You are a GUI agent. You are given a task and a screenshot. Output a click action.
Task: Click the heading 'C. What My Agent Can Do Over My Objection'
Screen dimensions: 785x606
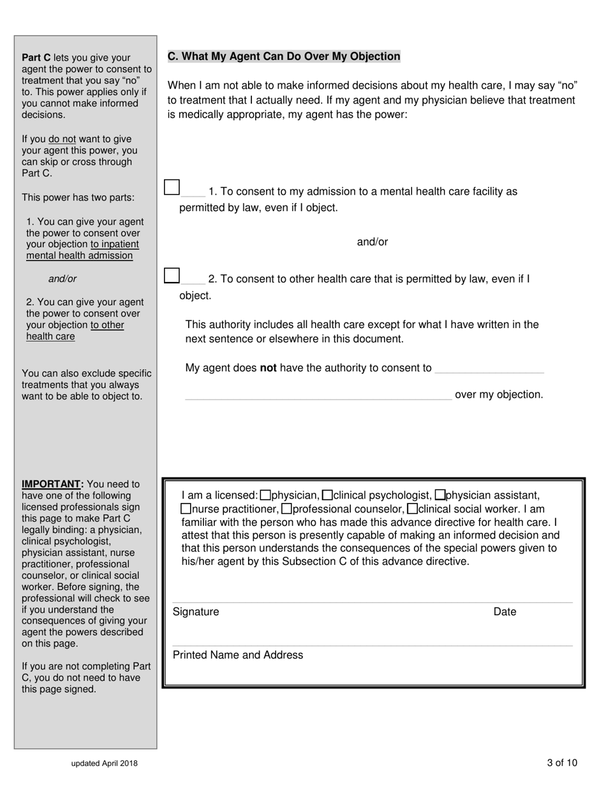(x=284, y=56)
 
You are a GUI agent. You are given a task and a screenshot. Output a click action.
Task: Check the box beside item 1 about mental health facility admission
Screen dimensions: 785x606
(x=172, y=187)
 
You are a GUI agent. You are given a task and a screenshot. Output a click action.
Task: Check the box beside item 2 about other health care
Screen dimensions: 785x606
(x=172, y=275)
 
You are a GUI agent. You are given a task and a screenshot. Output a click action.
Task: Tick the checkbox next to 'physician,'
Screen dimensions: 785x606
(x=266, y=495)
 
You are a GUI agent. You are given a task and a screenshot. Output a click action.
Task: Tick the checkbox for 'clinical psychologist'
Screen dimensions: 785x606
(x=327, y=495)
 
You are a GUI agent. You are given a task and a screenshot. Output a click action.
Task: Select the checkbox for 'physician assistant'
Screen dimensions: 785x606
(x=440, y=495)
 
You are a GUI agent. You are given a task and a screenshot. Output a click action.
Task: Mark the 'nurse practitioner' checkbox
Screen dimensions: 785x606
(x=186, y=509)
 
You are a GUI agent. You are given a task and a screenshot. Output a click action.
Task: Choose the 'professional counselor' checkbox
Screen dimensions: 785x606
(x=287, y=509)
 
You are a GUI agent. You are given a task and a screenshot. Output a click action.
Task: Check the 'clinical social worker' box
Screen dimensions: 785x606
(x=412, y=509)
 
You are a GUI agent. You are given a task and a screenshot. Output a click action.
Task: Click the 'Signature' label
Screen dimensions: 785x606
(x=196, y=612)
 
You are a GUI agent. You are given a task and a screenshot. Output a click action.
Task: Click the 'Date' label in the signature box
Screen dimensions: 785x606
(x=505, y=612)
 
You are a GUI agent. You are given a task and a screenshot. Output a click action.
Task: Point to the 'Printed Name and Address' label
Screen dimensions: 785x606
(x=238, y=655)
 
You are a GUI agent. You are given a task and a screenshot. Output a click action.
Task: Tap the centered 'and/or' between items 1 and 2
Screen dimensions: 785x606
(x=373, y=242)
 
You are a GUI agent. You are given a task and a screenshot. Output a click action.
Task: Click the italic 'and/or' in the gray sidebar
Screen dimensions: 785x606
(x=63, y=279)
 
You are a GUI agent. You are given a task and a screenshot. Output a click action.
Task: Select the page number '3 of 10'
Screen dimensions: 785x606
(x=562, y=763)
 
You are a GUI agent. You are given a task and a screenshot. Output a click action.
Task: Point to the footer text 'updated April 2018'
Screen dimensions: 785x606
(x=105, y=763)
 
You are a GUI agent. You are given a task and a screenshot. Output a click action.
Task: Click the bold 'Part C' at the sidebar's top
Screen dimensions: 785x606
(x=36, y=57)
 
